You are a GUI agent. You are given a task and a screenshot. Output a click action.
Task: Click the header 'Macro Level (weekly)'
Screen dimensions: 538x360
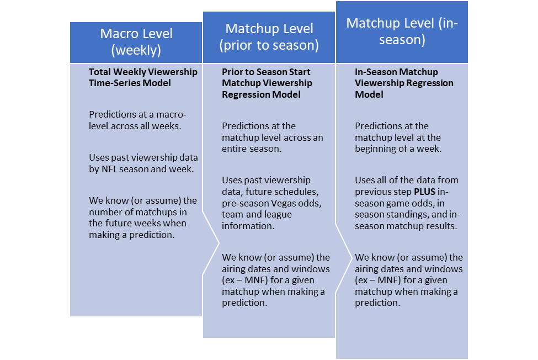click(136, 42)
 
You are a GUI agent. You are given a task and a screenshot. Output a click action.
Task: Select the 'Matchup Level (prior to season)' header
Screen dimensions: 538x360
click(269, 37)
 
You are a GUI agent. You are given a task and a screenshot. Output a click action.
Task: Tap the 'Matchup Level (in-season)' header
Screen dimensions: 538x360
click(402, 31)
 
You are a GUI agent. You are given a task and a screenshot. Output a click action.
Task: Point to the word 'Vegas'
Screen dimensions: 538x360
click(284, 204)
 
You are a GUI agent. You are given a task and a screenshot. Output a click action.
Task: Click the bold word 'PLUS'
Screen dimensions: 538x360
click(424, 192)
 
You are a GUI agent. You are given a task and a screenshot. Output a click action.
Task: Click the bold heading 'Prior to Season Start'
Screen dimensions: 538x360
click(266, 72)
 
